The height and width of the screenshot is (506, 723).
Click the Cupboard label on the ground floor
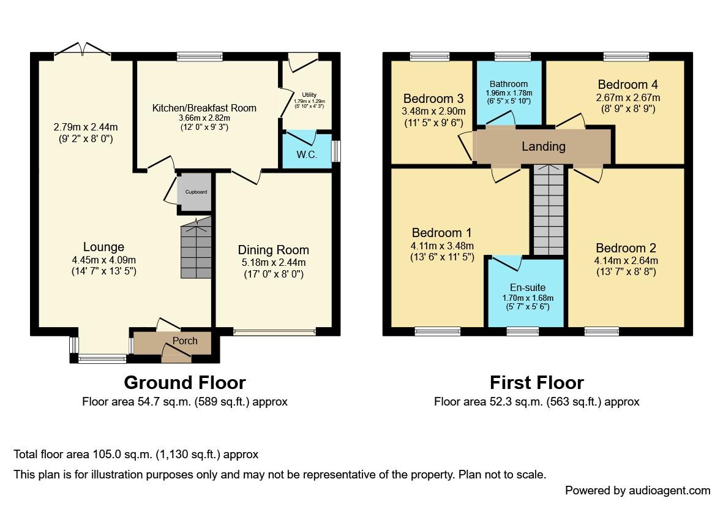pyautogui.click(x=196, y=192)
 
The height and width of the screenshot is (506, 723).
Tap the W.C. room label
pyautogui.click(x=307, y=154)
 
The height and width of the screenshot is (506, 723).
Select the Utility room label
pyautogui.click(x=309, y=94)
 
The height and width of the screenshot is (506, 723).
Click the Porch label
pyautogui.click(x=185, y=341)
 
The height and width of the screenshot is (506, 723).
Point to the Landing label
pyautogui.click(x=544, y=146)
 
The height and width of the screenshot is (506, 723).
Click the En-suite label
pyautogui.click(x=528, y=287)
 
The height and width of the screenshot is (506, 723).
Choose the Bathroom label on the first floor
pyautogui.click(x=509, y=84)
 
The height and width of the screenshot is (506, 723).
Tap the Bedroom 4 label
pyautogui.click(x=627, y=85)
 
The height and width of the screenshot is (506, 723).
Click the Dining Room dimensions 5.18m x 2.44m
pyautogui.click(x=274, y=262)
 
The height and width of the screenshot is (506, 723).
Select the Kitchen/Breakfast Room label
pyautogui.click(x=204, y=108)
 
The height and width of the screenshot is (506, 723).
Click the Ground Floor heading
pyautogui.click(x=184, y=383)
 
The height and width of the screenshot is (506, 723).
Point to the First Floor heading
pyautogui.click(x=537, y=383)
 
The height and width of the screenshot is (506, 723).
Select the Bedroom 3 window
pyautogui.click(x=430, y=57)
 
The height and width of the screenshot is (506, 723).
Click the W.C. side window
pyautogui.click(x=336, y=151)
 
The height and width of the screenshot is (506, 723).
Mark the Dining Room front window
pyautogui.click(x=275, y=331)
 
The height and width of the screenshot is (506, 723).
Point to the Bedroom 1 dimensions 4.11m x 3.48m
pyautogui.click(x=442, y=246)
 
